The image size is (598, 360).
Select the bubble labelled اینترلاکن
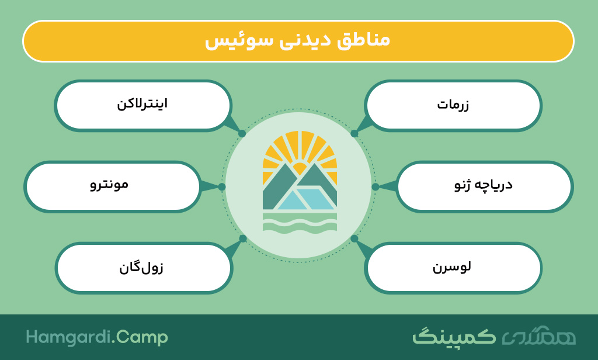[x=142, y=104]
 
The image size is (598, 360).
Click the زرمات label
[x=453, y=104]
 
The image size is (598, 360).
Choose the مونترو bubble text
[x=109, y=185]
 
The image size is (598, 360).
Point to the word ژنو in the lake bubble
[x=463, y=185]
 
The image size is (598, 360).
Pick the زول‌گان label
[x=141, y=267]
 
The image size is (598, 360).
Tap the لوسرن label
[x=451, y=266]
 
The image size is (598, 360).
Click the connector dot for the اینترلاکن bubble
[x=242, y=134]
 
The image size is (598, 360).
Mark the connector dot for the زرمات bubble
[x=354, y=134]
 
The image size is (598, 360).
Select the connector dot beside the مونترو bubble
[x=222, y=186]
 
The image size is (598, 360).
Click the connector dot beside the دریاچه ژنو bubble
[x=376, y=186]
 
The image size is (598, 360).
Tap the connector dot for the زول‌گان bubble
[x=243, y=238]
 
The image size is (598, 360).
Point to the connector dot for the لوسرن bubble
[x=354, y=238]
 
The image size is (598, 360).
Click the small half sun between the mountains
[x=300, y=168]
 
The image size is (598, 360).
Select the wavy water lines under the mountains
[x=300, y=223]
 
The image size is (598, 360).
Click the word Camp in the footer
[x=142, y=338]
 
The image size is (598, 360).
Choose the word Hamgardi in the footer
[x=68, y=337]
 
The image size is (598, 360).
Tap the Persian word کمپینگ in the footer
[x=454, y=336]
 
